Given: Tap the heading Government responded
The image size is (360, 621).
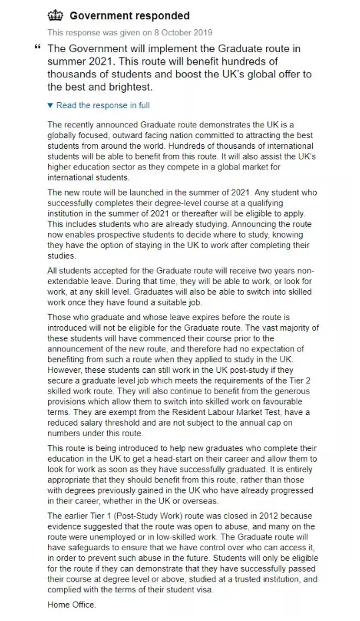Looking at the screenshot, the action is pyautogui.click(x=129, y=16).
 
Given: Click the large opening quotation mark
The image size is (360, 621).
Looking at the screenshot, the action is pyautogui.click(x=37, y=49).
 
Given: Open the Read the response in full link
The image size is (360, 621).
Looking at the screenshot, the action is pyautogui.click(x=103, y=105).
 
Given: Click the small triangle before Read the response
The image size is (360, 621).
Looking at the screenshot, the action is pyautogui.click(x=50, y=105).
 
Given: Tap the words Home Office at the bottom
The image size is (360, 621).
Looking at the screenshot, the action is pyautogui.click(x=72, y=604).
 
